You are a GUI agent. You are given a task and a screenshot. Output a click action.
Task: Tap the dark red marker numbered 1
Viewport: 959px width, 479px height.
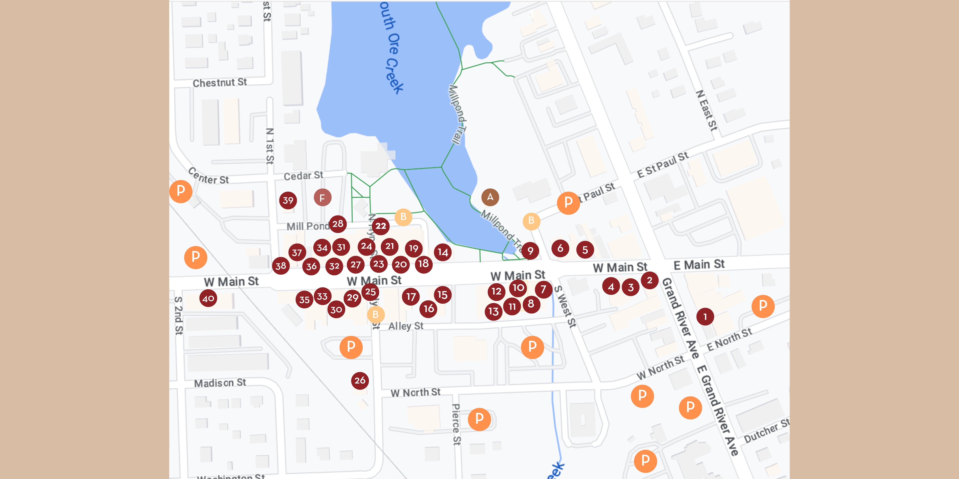(x=705, y=317)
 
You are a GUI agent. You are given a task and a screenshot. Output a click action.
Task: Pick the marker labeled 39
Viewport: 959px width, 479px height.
(x=288, y=200)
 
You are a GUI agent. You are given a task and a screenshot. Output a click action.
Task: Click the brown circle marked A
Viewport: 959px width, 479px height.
(x=490, y=197)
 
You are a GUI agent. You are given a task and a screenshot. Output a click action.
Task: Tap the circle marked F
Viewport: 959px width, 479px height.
(x=322, y=198)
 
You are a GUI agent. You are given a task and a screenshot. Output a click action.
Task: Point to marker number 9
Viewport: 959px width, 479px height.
(x=530, y=251)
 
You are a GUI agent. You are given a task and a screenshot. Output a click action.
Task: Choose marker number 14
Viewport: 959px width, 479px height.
(x=443, y=252)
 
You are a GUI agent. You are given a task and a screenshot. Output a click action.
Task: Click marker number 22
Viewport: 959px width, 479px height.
(x=380, y=226)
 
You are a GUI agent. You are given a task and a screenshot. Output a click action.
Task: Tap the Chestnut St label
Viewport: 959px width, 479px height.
(x=220, y=82)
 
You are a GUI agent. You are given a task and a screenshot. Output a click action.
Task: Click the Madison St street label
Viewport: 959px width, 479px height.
(x=220, y=383)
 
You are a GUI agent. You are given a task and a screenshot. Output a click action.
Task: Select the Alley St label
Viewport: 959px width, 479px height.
(x=406, y=326)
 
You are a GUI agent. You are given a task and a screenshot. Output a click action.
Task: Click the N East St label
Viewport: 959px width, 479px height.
(x=706, y=111)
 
